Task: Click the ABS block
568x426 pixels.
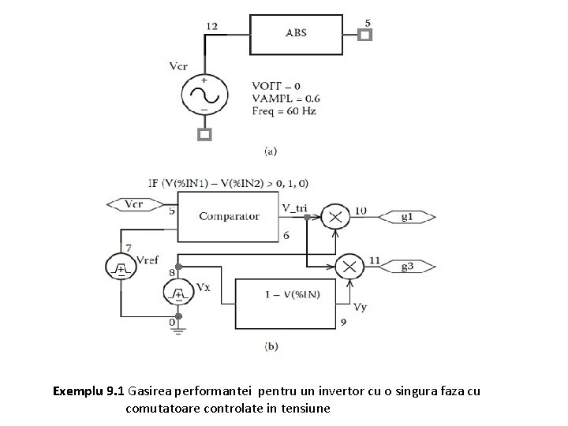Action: pos(296,34)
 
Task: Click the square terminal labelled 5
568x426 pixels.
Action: pos(365,35)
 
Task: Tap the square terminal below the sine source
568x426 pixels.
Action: pos(204,135)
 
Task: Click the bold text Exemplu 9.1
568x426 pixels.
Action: pos(88,390)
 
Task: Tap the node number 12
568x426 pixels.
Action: pos(213,26)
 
